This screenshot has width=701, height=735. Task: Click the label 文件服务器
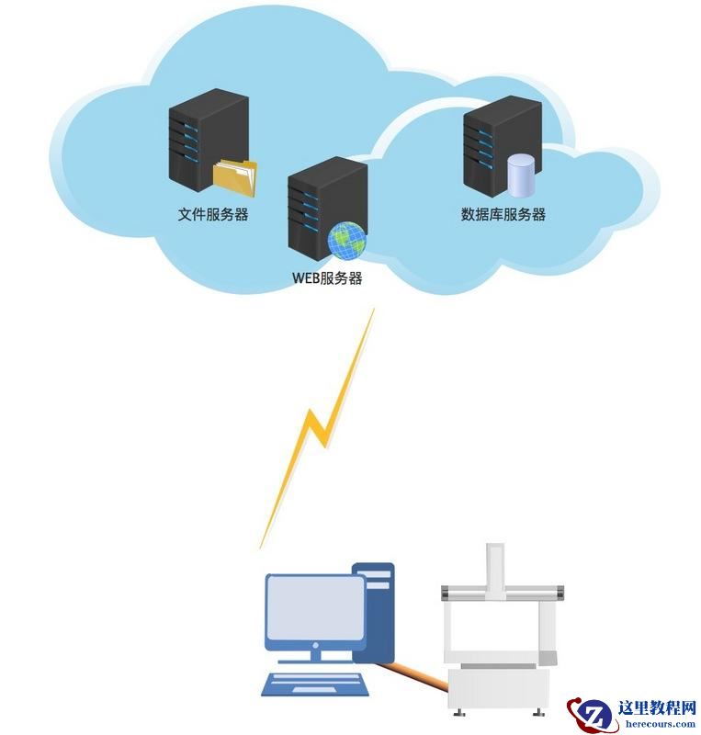[x=213, y=215]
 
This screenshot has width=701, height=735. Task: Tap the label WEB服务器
[x=326, y=278]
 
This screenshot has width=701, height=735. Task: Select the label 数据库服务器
[x=503, y=215]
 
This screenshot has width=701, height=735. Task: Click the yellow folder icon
[x=235, y=177]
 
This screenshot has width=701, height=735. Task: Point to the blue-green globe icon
[x=347, y=241]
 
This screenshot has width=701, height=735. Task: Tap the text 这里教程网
[x=657, y=707]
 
